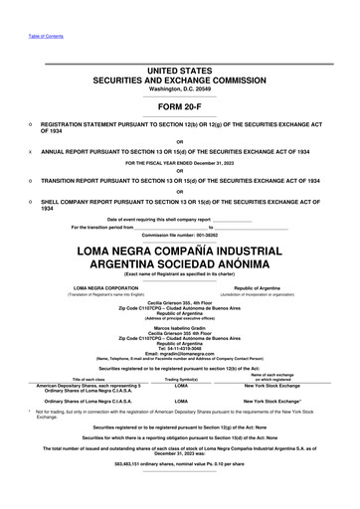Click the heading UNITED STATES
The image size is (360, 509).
click(180, 72)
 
